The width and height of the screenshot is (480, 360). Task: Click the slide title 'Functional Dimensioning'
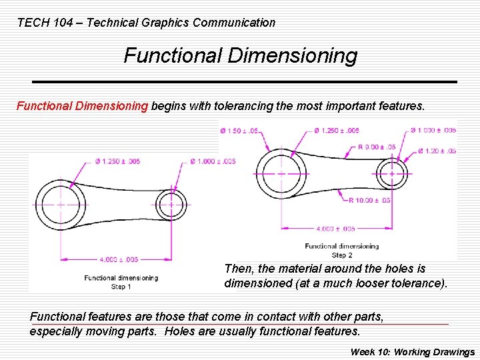[x=240, y=55]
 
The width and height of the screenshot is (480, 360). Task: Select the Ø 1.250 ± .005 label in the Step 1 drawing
[x=117, y=161]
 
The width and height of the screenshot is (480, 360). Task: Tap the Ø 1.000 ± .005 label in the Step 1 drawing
[x=213, y=161]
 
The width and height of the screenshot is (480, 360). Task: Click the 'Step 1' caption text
[x=121, y=287]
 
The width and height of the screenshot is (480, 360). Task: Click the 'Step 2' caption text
[x=341, y=255]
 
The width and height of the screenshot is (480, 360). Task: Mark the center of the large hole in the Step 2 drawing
[x=281, y=173]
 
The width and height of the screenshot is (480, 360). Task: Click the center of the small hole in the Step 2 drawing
[x=391, y=173]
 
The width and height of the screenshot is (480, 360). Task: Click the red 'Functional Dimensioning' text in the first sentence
[x=82, y=105]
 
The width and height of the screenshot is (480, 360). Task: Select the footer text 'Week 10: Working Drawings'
[x=413, y=352]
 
